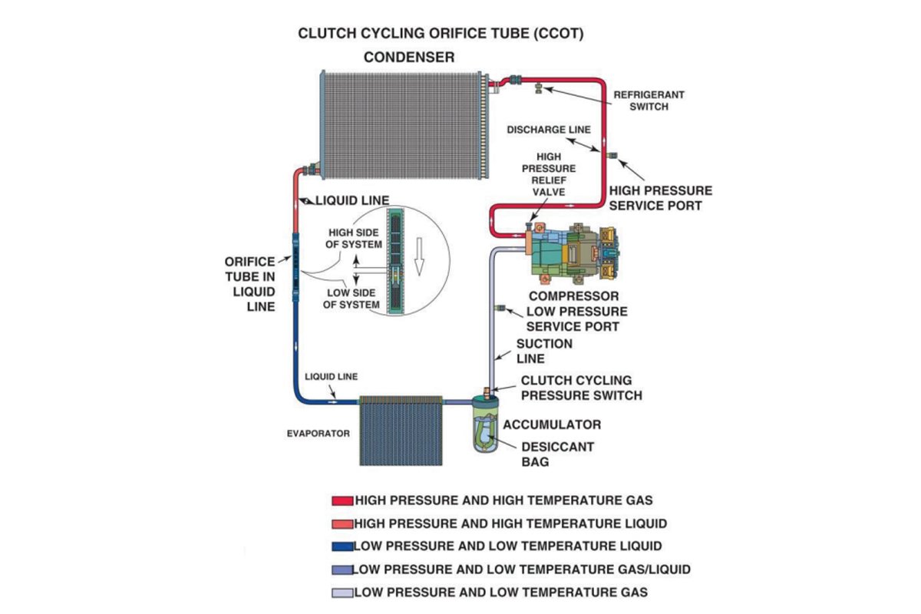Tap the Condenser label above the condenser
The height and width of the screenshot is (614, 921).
[409, 57]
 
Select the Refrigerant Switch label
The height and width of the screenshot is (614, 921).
[649, 101]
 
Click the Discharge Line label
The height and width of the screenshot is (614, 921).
[549, 130]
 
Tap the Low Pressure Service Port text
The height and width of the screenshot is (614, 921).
[576, 319]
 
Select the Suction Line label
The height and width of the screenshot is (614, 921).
[543, 351]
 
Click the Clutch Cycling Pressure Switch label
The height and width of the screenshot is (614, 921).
[581, 388]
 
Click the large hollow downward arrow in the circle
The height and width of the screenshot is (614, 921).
[418, 254]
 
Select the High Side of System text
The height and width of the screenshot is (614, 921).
[354, 239]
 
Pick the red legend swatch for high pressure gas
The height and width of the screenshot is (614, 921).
[342, 500]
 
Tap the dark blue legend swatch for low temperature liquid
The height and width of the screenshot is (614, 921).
[342, 546]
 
